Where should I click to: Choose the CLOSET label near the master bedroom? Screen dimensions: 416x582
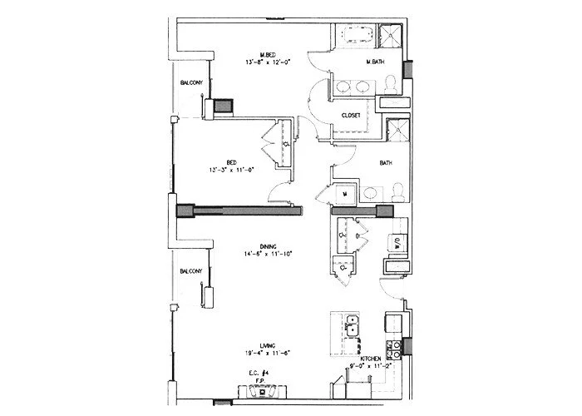(350, 116)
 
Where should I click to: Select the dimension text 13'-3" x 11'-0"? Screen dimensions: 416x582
(230, 169)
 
